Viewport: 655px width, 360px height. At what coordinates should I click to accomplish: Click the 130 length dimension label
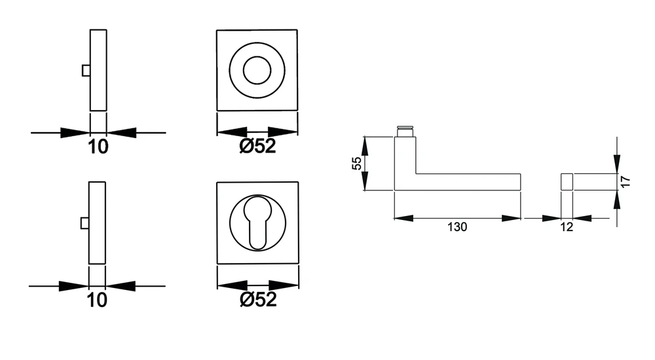click(457, 226)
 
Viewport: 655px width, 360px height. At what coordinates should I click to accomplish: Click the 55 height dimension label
click(357, 163)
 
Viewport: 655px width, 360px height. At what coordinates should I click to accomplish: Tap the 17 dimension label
click(625, 181)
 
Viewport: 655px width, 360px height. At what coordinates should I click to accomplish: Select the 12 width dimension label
click(567, 226)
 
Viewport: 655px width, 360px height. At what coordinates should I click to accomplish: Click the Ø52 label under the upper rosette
click(257, 146)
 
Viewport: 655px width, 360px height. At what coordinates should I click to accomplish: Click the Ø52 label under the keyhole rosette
click(258, 299)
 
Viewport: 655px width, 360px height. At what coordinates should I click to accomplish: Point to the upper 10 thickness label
click(98, 147)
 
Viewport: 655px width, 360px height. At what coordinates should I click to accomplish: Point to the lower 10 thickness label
click(97, 300)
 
